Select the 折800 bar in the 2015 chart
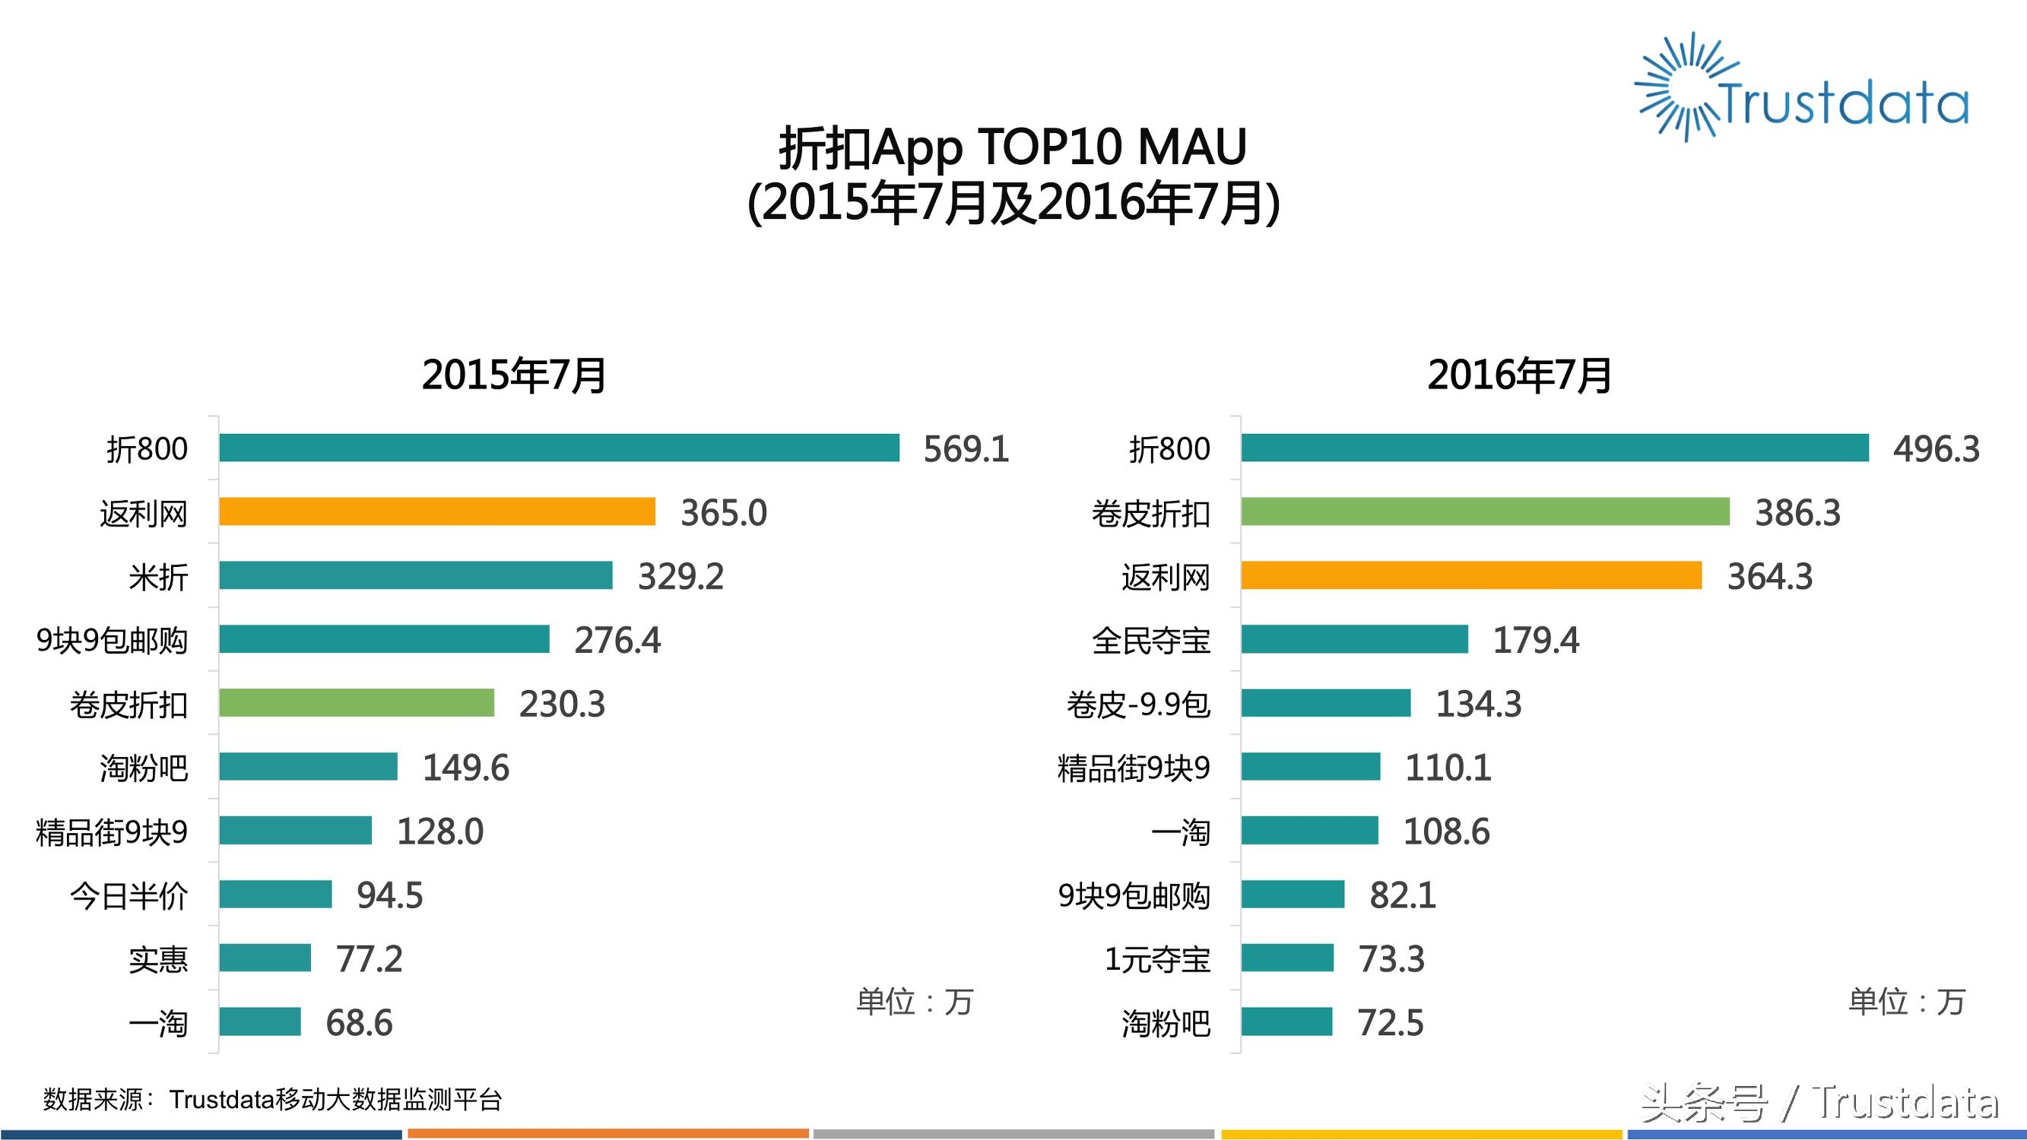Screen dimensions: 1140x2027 coord(559,448)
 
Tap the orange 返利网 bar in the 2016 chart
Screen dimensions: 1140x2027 coord(1470,575)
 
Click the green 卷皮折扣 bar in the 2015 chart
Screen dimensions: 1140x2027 coord(357,702)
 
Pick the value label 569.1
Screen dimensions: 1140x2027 coord(966,449)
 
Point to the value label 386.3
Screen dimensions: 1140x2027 coord(1797,513)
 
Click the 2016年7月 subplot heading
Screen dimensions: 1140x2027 coord(1518,375)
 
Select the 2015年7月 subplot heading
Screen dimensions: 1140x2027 coord(514,375)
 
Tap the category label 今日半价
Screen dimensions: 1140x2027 coord(129,895)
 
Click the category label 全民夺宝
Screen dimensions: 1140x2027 coord(1150,641)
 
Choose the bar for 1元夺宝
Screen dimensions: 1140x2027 coord(1287,958)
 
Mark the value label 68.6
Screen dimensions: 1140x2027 coord(359,1023)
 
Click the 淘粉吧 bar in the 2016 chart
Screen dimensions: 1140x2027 coord(1286,1021)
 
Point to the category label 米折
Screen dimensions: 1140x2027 coord(158,577)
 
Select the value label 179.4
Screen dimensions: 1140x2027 coord(1535,641)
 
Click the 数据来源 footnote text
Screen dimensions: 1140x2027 coord(272,1099)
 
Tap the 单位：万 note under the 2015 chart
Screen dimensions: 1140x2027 coord(915,1002)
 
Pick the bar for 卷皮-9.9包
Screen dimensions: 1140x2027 coord(1326,702)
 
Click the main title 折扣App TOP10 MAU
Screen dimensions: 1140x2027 coord(1013,147)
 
